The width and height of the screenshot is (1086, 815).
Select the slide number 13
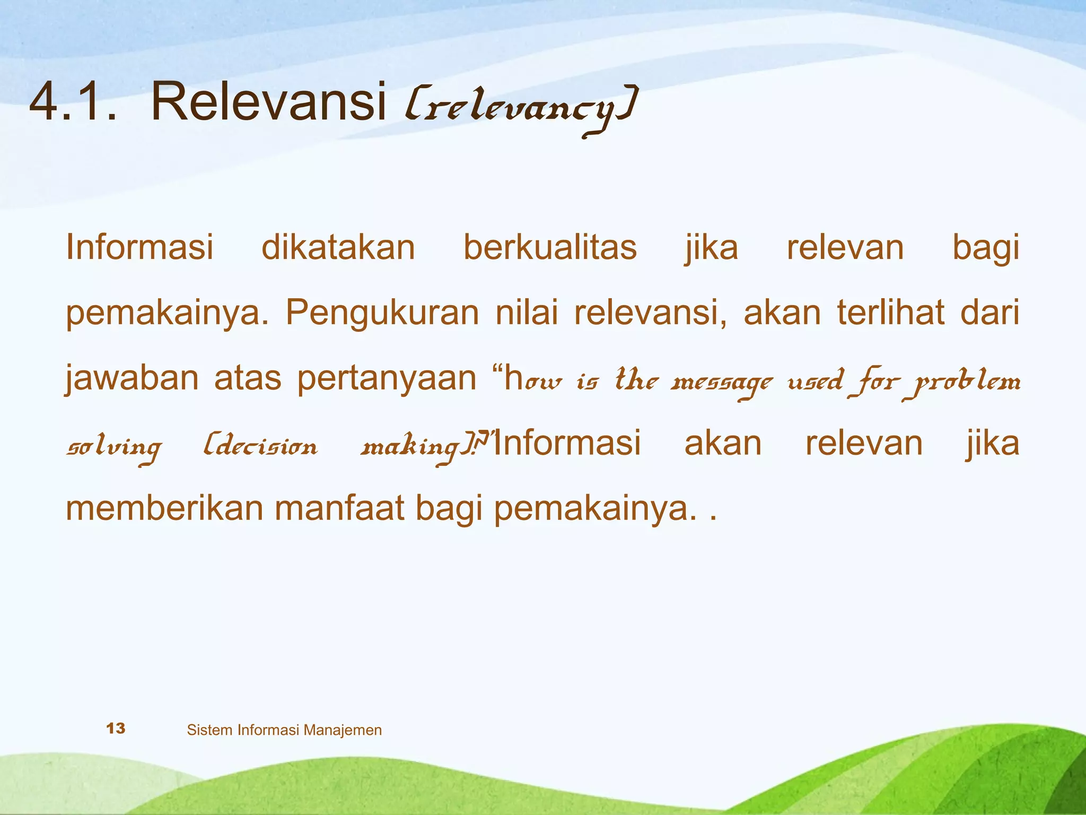click(x=116, y=729)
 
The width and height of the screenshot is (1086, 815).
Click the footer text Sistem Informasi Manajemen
click(x=284, y=730)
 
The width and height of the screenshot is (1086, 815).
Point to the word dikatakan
click(x=338, y=247)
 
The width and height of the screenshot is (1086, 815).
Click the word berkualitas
click(x=550, y=247)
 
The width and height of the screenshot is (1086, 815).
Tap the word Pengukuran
click(x=382, y=313)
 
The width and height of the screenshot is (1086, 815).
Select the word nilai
click(x=526, y=313)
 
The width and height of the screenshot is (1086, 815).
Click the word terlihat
click(x=891, y=313)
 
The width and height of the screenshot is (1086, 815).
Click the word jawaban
click(x=132, y=379)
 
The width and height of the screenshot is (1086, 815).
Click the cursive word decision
click(x=261, y=447)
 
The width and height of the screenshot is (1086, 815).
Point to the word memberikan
click(x=164, y=508)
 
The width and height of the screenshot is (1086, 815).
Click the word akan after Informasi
click(x=723, y=444)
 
